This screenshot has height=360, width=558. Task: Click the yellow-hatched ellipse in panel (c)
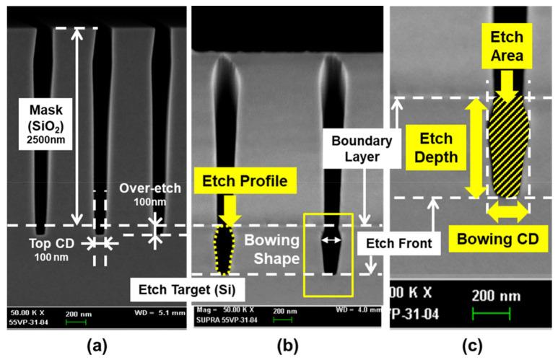510,146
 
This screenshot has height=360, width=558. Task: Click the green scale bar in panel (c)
491,312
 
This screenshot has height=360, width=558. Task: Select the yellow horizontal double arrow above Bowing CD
507,211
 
